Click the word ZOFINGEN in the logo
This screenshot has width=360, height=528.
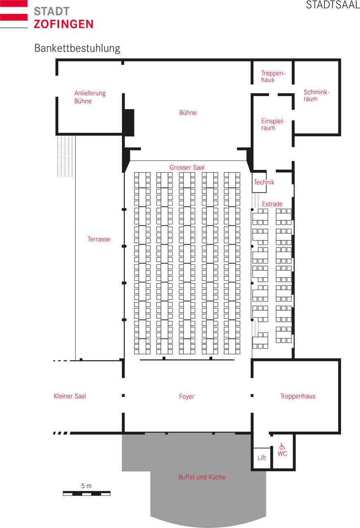[x=64, y=24]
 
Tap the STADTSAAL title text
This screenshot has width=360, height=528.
[x=333, y=5]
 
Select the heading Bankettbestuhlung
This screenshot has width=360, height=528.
[x=77, y=48]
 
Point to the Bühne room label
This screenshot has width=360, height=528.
[x=188, y=113]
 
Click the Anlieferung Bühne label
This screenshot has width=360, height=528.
[x=90, y=97]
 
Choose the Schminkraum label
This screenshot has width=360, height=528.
[x=316, y=95]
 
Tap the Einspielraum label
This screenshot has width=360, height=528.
[x=273, y=124]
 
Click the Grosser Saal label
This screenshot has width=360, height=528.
[x=187, y=167]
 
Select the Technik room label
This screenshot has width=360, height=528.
[x=264, y=182]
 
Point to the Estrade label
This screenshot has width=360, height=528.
[x=272, y=204]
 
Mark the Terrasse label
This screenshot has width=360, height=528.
[x=99, y=239]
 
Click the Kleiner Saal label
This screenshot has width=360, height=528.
[x=70, y=396]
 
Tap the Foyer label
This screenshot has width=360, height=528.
[x=187, y=396]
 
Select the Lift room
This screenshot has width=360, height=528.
[x=262, y=458]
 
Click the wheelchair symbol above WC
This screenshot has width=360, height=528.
[x=282, y=446]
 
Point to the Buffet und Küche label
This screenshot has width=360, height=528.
[x=202, y=477]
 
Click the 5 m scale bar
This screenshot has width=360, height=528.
[x=87, y=493]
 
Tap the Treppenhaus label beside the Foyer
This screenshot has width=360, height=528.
[x=298, y=396]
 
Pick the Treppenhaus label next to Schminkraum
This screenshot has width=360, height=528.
[x=273, y=76]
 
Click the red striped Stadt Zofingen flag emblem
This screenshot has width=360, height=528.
[x=14, y=14]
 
